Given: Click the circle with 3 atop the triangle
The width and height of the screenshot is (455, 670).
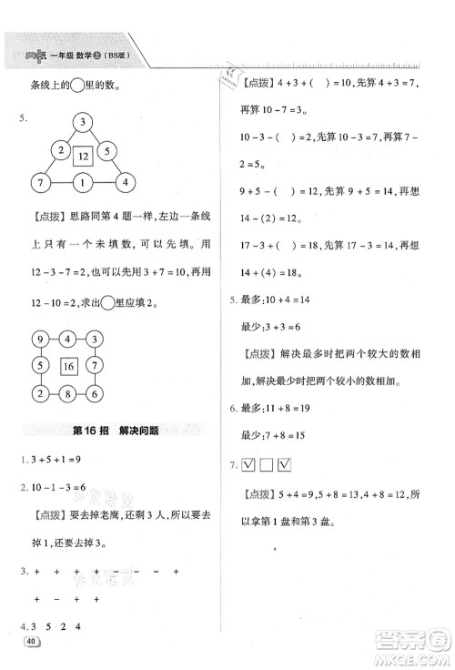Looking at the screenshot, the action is (x=82, y=122).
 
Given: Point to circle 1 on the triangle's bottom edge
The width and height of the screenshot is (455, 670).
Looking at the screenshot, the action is (x=82, y=183).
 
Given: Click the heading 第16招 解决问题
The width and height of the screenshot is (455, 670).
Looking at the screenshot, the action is (x=112, y=431).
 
